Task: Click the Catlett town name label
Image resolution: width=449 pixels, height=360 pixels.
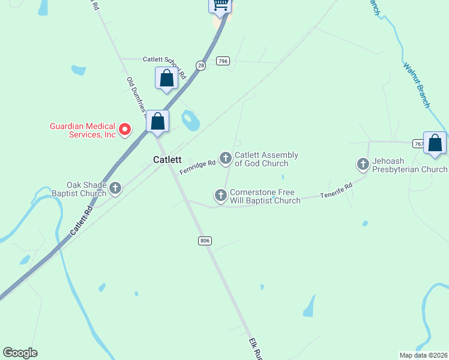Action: pos(167,160)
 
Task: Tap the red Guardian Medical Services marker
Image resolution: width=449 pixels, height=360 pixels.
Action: pos(125,129)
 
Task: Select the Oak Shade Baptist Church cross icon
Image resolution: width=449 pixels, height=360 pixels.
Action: pos(115,188)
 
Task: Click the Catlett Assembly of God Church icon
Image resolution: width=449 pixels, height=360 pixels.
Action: pos(226,158)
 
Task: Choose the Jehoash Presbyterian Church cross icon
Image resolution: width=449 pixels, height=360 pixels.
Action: pos(363,164)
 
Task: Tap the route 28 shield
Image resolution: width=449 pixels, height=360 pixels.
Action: pos(200,65)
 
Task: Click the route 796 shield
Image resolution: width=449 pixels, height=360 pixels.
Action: pos(223,61)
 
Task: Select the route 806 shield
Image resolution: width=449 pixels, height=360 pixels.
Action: pos(205,241)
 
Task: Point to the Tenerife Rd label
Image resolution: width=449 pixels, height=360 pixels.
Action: pos(336,191)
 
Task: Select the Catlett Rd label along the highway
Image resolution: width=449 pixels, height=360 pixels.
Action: pos(82,221)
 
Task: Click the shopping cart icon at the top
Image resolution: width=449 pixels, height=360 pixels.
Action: pos(220,5)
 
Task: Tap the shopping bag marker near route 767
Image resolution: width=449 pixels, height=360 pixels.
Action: pos(435,143)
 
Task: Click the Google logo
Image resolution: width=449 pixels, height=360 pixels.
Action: pos(20,353)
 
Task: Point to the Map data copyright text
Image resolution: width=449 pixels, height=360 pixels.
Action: pos(423,355)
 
